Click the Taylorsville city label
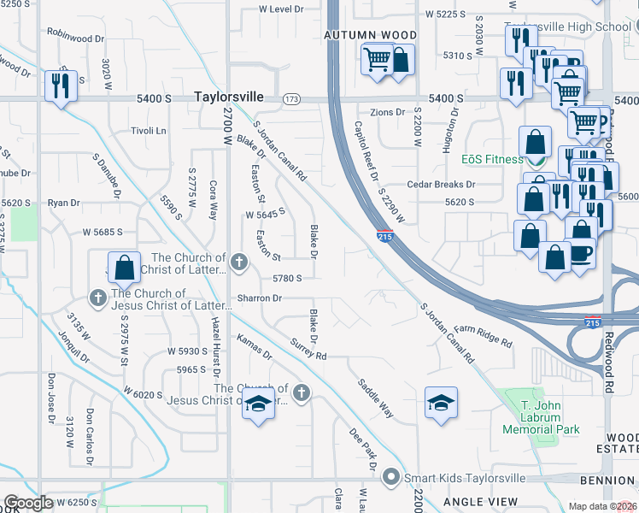[x=228, y=97]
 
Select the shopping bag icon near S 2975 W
[x=124, y=268]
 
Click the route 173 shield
[x=292, y=99]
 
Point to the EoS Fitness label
[x=492, y=159]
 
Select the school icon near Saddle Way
[x=441, y=403]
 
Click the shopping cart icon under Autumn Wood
[x=376, y=61]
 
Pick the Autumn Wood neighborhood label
[x=370, y=35]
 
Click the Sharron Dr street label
[x=259, y=298]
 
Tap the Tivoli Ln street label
[x=149, y=131]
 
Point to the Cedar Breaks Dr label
[x=441, y=184]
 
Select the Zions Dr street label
[x=387, y=112]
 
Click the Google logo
[x=28, y=503]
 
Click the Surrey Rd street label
[x=308, y=349]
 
